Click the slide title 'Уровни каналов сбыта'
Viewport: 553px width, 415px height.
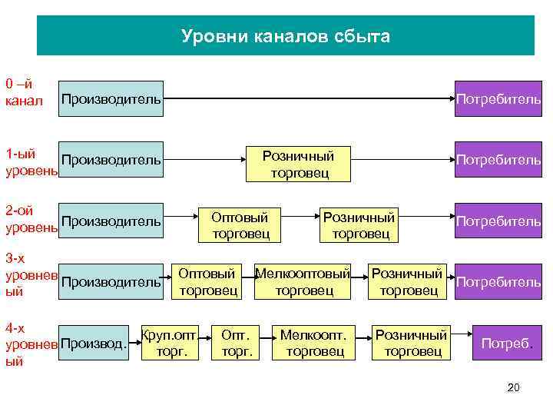[x=286, y=36]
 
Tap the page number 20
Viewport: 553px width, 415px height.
[x=514, y=387]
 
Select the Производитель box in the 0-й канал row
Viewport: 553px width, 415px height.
[x=111, y=99]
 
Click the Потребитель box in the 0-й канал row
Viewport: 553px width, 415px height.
[x=498, y=99]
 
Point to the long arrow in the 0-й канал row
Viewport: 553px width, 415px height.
[x=307, y=98]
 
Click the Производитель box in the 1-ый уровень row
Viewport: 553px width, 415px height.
[x=111, y=160]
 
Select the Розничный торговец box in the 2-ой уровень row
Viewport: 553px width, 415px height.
[x=358, y=224]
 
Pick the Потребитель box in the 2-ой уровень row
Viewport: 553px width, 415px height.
[x=498, y=221]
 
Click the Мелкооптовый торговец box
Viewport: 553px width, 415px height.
[x=303, y=281]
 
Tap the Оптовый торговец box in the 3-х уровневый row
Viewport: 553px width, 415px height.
[x=210, y=281]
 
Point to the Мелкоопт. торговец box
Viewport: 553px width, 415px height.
[x=313, y=342]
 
